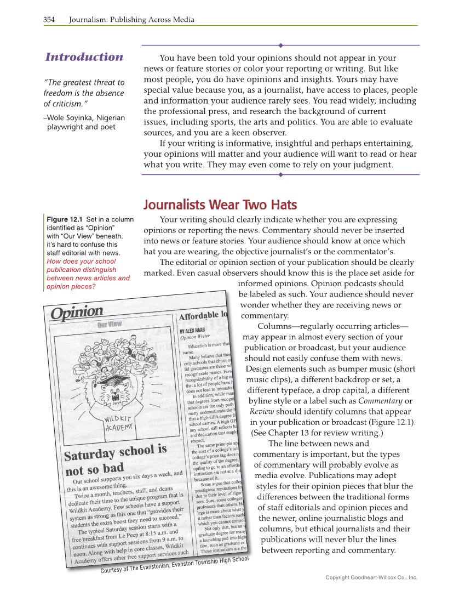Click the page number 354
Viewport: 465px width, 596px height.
[x=49, y=20]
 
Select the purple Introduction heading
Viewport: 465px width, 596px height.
[x=84, y=57]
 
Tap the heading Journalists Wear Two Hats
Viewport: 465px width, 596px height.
[x=220, y=205]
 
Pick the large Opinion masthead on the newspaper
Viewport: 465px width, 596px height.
[x=77, y=313]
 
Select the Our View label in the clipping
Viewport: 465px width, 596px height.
[x=110, y=324]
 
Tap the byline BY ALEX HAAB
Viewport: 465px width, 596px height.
[x=196, y=331]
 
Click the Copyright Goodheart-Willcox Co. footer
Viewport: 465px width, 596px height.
[x=371, y=577]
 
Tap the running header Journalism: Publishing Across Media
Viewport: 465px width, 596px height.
[x=131, y=20]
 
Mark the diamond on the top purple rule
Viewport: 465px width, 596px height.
[x=280, y=45]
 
